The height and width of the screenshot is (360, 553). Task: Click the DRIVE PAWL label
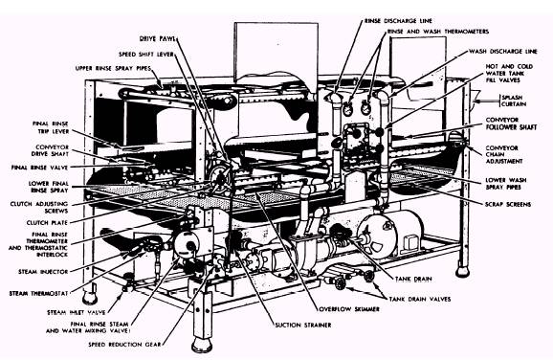click(157, 38)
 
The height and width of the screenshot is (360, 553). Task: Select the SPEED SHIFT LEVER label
click(146, 55)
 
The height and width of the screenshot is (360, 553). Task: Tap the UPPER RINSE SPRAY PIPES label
click(113, 69)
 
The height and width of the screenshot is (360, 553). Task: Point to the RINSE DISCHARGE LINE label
click(398, 21)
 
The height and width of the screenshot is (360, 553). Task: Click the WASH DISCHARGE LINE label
click(503, 52)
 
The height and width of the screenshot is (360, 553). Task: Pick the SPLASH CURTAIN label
click(514, 101)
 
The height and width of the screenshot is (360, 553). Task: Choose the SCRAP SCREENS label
click(508, 204)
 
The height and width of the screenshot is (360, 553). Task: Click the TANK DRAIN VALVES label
click(420, 300)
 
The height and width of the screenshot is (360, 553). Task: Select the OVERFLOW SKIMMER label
click(349, 309)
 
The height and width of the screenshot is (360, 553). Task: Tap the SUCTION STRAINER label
click(303, 326)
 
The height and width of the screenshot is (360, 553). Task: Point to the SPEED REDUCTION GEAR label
click(124, 345)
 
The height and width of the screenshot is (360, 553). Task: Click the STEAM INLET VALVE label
click(77, 313)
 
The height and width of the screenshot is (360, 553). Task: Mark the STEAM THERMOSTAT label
click(38, 294)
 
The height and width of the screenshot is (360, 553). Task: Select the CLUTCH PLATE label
click(47, 223)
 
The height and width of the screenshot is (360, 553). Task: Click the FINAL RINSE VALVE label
click(39, 168)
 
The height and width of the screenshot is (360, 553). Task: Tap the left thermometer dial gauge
click(348, 109)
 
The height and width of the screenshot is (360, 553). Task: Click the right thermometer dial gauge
click(366, 108)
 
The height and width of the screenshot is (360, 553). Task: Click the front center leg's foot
click(202, 345)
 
